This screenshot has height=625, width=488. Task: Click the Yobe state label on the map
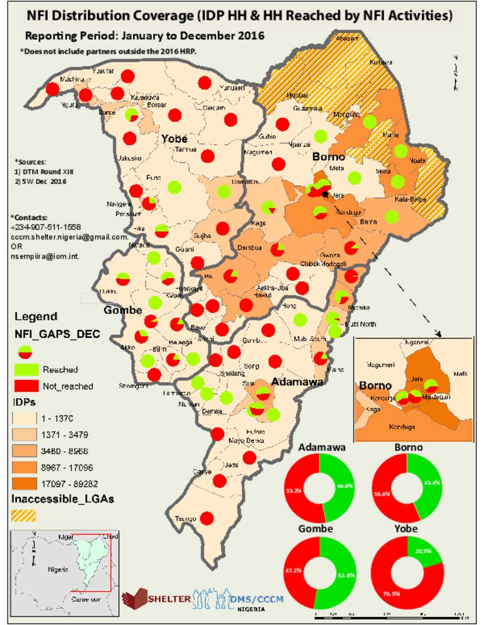click(174, 139)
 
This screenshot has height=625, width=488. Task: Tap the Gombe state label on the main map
click(123, 310)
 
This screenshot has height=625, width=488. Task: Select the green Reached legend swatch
click(26, 370)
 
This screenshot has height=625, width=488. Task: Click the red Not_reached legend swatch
click(26, 386)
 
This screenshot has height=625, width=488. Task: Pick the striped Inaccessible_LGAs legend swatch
click(23, 515)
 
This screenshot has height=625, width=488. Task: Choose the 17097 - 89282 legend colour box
click(24, 484)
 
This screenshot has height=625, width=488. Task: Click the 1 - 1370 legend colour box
click(24, 418)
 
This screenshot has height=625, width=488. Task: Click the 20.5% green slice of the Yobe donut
click(423, 551)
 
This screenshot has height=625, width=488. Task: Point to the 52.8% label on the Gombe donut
click(346, 575)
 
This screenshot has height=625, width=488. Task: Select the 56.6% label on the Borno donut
click(382, 494)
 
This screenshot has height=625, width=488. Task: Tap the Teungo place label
click(185, 519)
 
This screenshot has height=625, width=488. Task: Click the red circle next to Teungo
click(207, 518)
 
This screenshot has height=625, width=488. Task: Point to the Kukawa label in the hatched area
click(381, 62)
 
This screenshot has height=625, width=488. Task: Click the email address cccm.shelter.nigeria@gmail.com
click(70, 237)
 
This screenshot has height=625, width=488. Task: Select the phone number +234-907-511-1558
click(46, 227)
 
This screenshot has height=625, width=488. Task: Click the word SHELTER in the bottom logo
click(169, 599)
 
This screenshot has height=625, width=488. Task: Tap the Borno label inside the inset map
click(375, 385)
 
